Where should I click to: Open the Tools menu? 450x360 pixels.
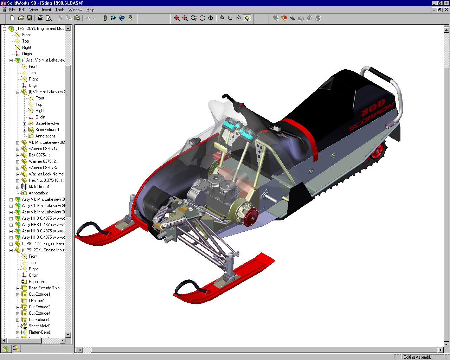60,10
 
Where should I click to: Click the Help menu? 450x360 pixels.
90,10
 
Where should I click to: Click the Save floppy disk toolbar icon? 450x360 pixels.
29,18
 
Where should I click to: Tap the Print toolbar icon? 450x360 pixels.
40,18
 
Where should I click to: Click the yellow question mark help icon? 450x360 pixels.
130,18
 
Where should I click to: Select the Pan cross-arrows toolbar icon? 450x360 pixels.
211,18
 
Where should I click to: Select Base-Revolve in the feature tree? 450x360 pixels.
47,123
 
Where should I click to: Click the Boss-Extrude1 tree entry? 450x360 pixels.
47,130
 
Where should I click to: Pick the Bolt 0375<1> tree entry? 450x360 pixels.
40,155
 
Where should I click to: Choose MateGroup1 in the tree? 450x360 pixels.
39,187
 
